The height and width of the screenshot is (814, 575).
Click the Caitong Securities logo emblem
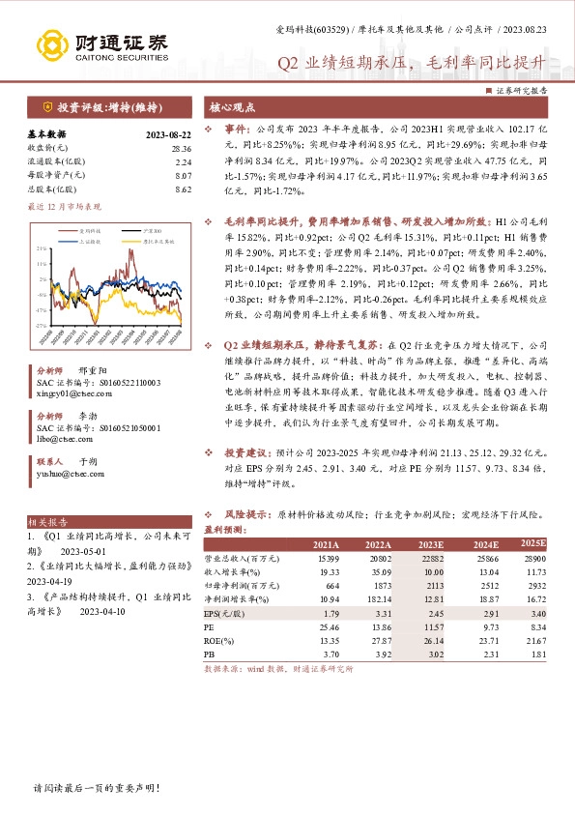click(53, 45)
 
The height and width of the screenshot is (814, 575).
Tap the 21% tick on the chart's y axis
click(42, 248)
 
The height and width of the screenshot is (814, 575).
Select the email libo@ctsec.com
click(58, 438)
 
